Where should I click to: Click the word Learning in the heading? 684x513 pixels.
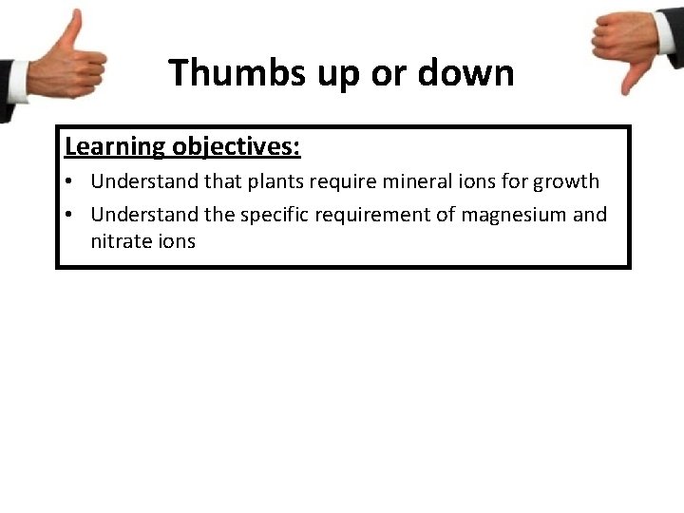[114, 147]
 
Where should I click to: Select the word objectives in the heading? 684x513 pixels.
[237, 147]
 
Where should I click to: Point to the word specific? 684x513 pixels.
[274, 215]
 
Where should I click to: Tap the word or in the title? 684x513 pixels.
[387, 73]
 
